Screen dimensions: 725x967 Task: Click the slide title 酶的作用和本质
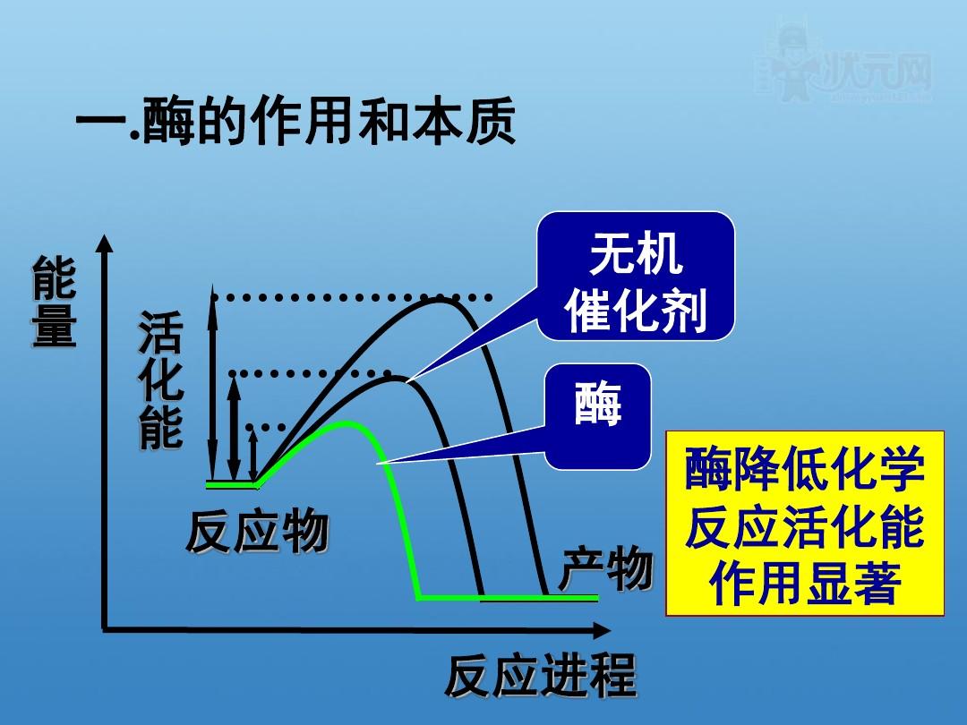point(295,123)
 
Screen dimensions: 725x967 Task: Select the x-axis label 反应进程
point(541,677)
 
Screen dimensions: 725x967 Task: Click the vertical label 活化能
point(160,380)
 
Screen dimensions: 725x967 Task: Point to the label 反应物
point(257,533)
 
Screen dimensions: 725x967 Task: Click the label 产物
point(606,570)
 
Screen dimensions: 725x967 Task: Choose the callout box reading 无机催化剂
point(636,276)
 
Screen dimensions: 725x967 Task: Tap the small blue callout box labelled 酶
point(597,416)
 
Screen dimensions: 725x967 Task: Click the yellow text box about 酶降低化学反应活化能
point(804,524)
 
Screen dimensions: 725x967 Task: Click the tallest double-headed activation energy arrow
point(212,385)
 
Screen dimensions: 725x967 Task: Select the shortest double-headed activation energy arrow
point(252,456)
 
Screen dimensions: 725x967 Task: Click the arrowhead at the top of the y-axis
point(106,244)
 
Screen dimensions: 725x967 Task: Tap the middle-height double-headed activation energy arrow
point(233,428)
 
